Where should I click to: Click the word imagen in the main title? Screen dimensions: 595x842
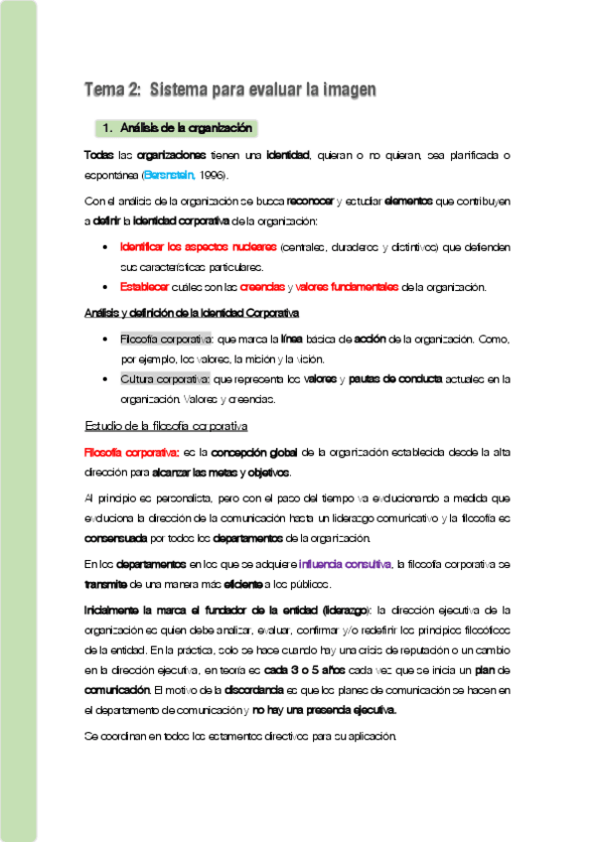coord(346,90)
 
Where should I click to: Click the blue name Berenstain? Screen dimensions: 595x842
coord(168,175)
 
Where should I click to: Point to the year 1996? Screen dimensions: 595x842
coord(212,175)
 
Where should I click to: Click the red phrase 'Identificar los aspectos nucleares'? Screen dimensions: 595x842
coord(198,246)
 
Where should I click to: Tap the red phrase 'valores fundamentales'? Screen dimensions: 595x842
coord(347,288)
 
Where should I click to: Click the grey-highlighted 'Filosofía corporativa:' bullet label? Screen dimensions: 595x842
coord(166,339)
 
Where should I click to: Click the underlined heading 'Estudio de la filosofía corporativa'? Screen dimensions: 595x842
coord(166,426)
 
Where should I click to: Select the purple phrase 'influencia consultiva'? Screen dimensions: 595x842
coord(339,564)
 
